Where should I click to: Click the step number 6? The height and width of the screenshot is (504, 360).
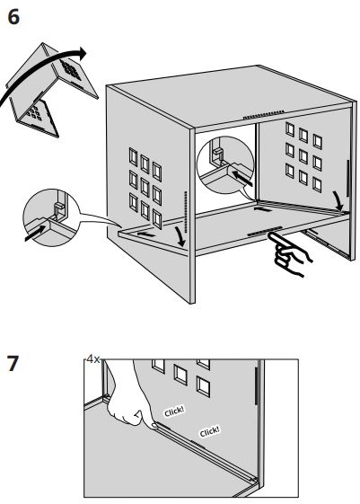point(13,17)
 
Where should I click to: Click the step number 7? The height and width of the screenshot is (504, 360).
point(13,363)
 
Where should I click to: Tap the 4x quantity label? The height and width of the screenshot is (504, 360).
point(93,359)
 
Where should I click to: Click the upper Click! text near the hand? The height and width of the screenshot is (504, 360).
point(174,411)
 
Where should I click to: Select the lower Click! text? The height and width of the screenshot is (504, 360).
point(210,431)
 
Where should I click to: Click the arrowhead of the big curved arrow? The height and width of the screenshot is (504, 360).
point(83,53)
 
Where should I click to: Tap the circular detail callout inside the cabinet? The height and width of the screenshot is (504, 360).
point(225,165)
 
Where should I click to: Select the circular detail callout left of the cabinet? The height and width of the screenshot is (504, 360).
point(51,217)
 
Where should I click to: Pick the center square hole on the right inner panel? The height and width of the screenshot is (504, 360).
point(303,156)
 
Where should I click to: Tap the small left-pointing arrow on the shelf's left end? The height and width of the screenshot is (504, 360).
point(145,234)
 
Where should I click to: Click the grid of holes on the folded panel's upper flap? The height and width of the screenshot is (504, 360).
point(70,69)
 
